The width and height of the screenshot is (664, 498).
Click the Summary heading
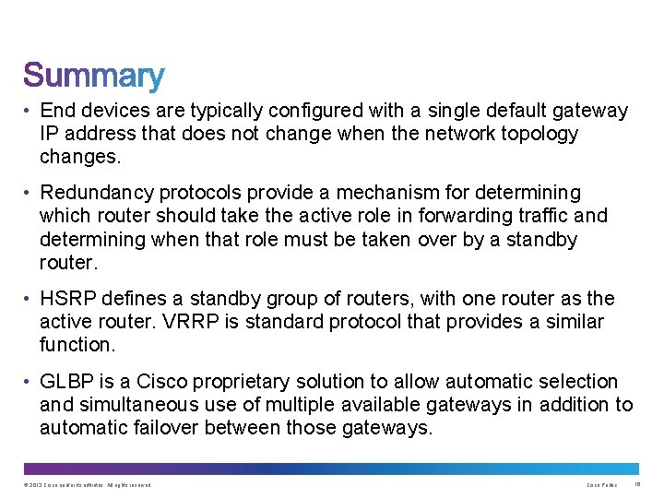(x=94, y=77)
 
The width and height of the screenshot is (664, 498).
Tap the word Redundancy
(x=97, y=193)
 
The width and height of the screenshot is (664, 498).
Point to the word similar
(x=572, y=322)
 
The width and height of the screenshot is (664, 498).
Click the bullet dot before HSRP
(x=29, y=300)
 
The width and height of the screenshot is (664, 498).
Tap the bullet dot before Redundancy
(x=29, y=194)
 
